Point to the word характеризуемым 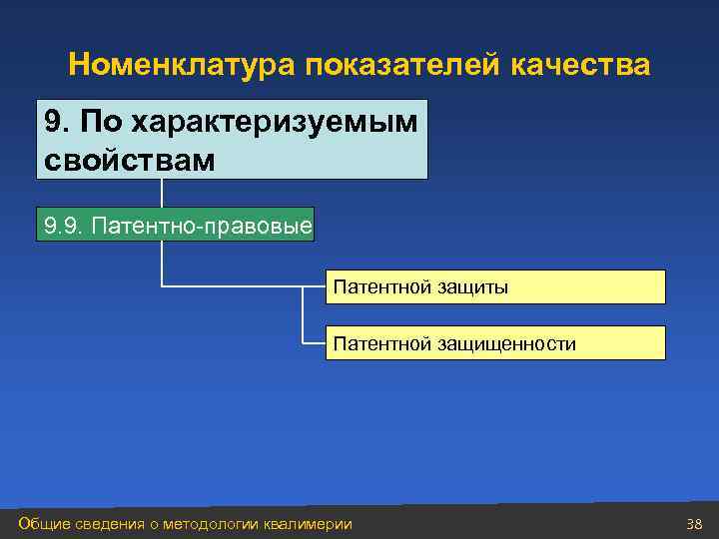click(x=272, y=122)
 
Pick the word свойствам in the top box click(x=130, y=158)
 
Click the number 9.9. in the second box click(x=64, y=226)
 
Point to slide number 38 click(x=695, y=524)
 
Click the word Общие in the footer click(x=41, y=524)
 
